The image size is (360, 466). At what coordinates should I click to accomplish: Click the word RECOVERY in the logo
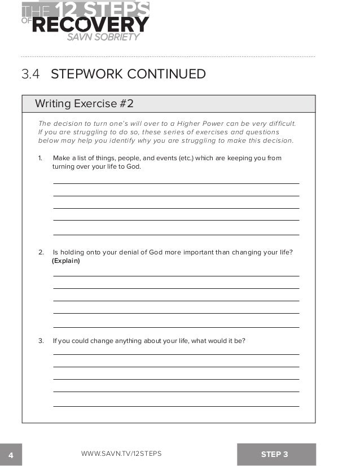[x=91, y=24]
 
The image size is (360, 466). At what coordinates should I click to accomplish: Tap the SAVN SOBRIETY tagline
[x=103, y=37]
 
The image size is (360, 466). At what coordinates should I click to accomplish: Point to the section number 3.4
[x=32, y=74]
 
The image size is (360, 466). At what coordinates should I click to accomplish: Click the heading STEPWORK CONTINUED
[x=128, y=74]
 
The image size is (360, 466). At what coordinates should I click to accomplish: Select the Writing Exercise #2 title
[x=84, y=104]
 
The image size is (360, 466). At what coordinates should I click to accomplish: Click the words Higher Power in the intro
[x=200, y=124]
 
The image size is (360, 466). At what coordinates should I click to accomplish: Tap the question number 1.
[x=40, y=158]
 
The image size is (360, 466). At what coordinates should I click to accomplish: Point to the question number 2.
[x=41, y=252]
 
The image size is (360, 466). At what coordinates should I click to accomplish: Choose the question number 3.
[x=41, y=341]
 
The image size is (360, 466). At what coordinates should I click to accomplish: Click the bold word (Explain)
[x=66, y=261]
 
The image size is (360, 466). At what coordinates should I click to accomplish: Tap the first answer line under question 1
[x=176, y=183]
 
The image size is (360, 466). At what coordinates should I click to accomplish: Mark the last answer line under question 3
[x=176, y=406]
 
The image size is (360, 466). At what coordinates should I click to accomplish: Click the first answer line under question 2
[x=176, y=276]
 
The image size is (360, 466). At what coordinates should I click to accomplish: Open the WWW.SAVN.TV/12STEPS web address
[x=121, y=454]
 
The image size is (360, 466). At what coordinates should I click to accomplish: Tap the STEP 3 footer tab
[x=275, y=454]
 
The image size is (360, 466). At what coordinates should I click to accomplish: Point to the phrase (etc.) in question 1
[x=185, y=158]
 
